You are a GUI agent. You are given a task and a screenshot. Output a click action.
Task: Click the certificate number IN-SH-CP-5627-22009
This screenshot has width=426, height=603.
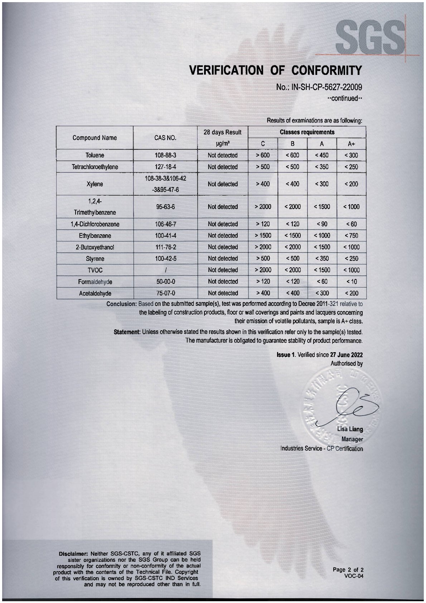(x=318, y=87)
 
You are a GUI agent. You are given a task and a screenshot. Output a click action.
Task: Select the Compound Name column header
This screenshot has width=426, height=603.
(x=95, y=138)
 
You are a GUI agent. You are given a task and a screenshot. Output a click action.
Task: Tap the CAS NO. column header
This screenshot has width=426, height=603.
(x=165, y=138)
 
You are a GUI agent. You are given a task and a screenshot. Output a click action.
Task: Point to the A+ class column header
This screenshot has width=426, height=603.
(x=351, y=144)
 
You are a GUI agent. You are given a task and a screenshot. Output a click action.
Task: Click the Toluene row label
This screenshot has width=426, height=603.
(x=95, y=155)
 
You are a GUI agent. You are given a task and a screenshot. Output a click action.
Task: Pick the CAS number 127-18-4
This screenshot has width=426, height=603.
(x=165, y=167)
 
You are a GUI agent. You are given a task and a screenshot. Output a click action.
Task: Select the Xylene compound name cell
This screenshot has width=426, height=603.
(x=95, y=184)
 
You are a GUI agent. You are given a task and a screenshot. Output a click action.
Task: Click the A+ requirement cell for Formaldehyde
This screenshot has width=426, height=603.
(x=351, y=282)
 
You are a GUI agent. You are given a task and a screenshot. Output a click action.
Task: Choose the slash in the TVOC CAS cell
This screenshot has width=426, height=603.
(x=165, y=270)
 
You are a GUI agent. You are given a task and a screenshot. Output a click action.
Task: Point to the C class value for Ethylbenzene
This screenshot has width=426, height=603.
(x=263, y=236)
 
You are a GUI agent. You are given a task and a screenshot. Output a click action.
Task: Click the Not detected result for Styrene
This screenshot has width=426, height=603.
(x=223, y=259)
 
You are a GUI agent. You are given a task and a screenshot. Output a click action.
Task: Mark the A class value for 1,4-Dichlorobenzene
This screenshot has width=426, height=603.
(x=321, y=224)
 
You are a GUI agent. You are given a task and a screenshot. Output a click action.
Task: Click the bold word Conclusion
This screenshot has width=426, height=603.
(x=122, y=304)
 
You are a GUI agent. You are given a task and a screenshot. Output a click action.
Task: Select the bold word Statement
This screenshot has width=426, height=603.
(x=127, y=332)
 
